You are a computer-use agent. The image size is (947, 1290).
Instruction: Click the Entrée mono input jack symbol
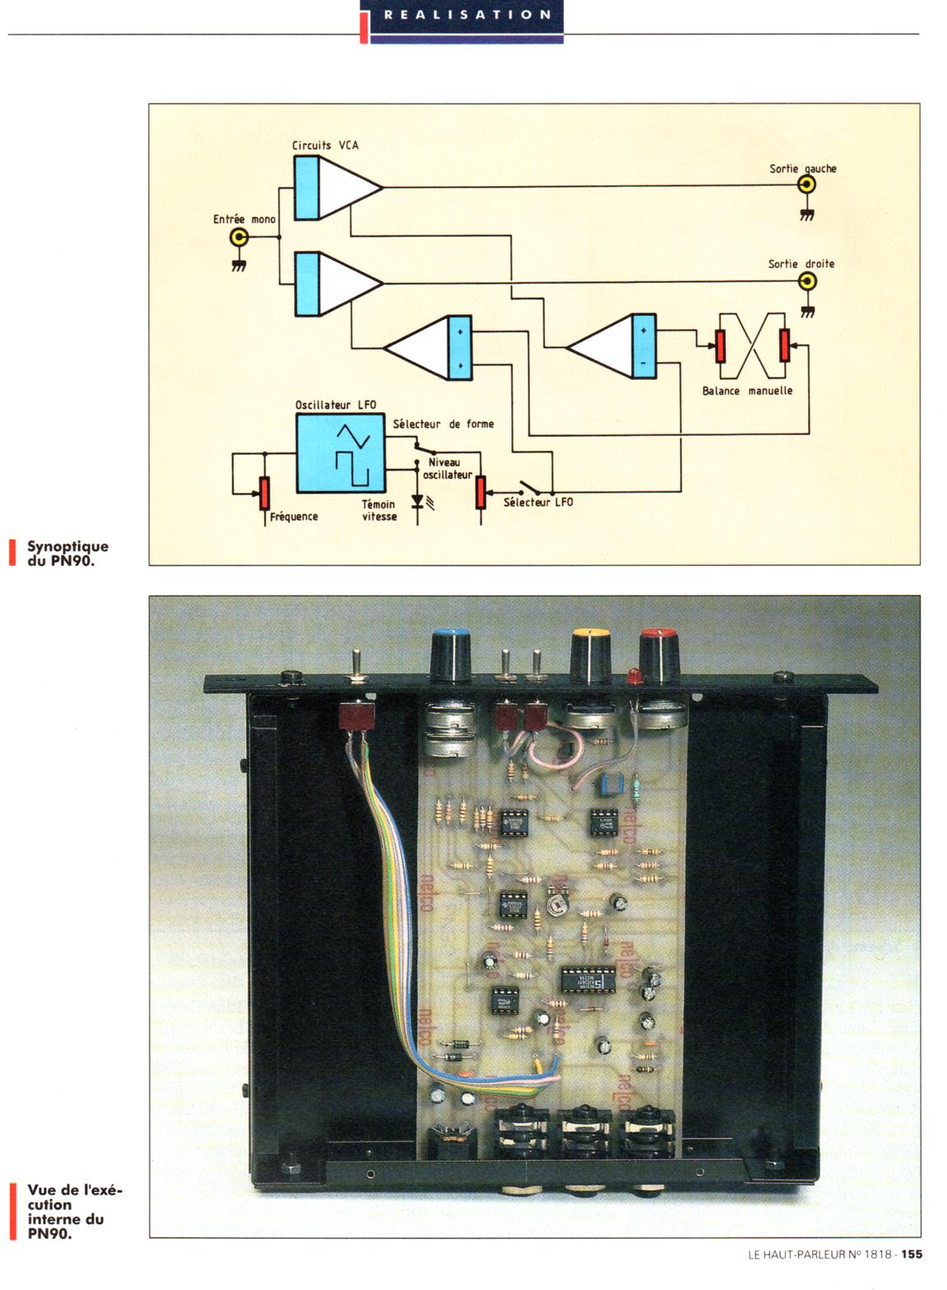[239, 239]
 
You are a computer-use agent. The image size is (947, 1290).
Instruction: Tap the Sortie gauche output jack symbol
[807, 185]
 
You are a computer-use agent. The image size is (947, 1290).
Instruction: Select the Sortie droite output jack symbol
[808, 281]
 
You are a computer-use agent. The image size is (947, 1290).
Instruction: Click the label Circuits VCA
[325, 146]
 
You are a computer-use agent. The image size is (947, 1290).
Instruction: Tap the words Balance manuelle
[747, 391]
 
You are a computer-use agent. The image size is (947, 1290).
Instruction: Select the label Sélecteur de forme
[443, 424]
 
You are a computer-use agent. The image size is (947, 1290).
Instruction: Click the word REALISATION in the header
[467, 15]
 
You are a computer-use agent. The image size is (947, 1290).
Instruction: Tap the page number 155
[912, 1255]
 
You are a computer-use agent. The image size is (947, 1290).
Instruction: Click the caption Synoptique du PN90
[67, 553]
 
